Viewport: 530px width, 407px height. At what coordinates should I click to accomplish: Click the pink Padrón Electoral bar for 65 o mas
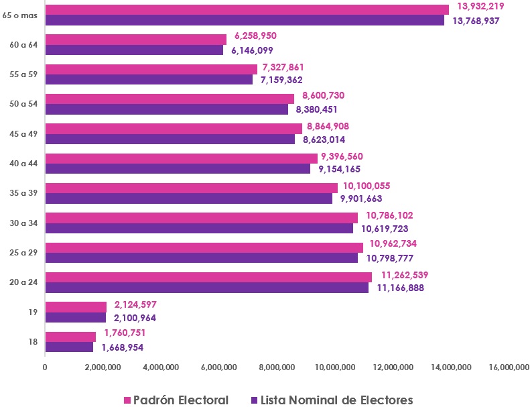(247, 9)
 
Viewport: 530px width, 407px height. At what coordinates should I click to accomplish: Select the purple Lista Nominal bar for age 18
(69, 347)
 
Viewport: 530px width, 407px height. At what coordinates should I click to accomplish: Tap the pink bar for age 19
(76, 307)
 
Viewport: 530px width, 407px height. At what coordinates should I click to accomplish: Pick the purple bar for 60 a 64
(134, 50)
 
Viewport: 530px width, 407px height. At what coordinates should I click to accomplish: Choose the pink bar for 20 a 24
(208, 277)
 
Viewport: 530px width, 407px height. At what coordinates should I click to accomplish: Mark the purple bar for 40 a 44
(178, 169)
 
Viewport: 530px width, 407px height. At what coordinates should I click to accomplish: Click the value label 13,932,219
(480, 6)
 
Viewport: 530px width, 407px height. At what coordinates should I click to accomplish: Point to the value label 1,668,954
(123, 348)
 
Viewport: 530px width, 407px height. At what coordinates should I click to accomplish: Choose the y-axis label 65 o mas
(21, 15)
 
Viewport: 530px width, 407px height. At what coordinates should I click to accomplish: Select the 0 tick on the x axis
(45, 367)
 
